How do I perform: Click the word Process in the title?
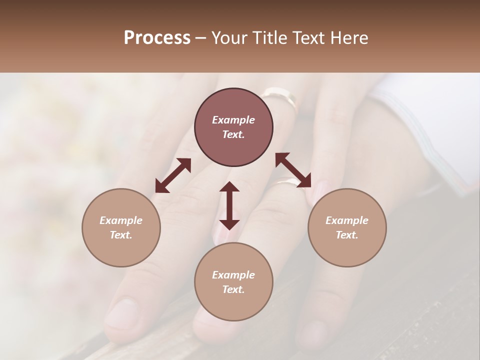(157, 38)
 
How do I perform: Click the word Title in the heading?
(269, 38)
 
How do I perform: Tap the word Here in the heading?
(349, 38)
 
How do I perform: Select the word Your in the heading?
(230, 38)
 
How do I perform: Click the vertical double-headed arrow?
(229, 205)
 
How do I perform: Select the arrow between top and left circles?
(173, 175)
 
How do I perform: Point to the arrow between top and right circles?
(293, 170)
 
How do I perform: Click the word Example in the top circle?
(233, 120)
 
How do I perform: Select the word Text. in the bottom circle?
(233, 289)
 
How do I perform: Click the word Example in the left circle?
(121, 220)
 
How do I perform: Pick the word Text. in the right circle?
(347, 235)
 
